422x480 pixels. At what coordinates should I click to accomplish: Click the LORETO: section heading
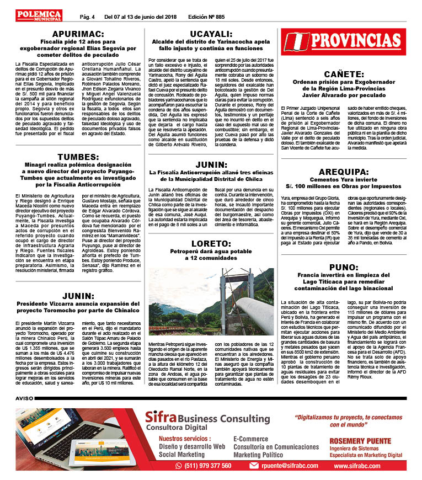pos(210,243)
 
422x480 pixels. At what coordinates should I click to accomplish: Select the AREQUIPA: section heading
pos(343,172)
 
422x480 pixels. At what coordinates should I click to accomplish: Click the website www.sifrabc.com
pos(356,466)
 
